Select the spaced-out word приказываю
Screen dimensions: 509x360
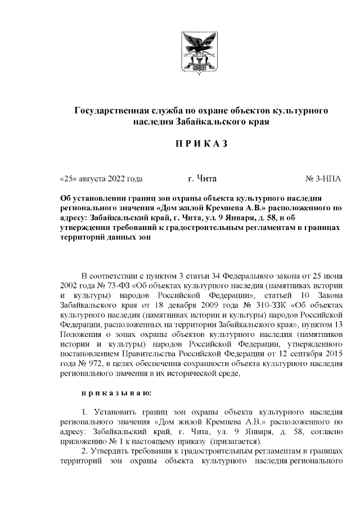point(116,393)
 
